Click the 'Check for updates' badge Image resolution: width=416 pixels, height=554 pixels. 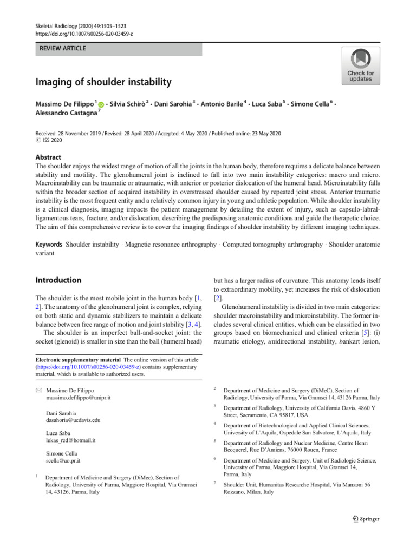point(360,65)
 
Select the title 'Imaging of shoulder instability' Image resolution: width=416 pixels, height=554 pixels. point(103,82)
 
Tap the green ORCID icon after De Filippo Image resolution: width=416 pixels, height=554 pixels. point(101,103)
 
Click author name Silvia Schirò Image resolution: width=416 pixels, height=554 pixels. point(129,103)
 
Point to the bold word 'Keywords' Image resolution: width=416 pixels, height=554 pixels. point(49,245)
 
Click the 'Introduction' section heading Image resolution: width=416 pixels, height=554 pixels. point(58,280)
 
